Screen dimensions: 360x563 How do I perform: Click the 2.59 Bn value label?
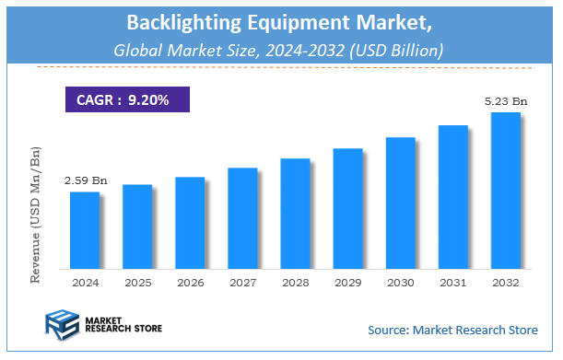(x=85, y=180)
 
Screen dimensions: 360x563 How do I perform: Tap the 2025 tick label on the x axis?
(x=137, y=283)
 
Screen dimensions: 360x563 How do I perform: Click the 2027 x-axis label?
(x=242, y=283)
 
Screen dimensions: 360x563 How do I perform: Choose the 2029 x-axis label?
(x=347, y=283)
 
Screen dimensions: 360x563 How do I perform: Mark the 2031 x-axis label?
(x=452, y=283)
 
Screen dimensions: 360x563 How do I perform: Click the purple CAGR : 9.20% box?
(x=127, y=99)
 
